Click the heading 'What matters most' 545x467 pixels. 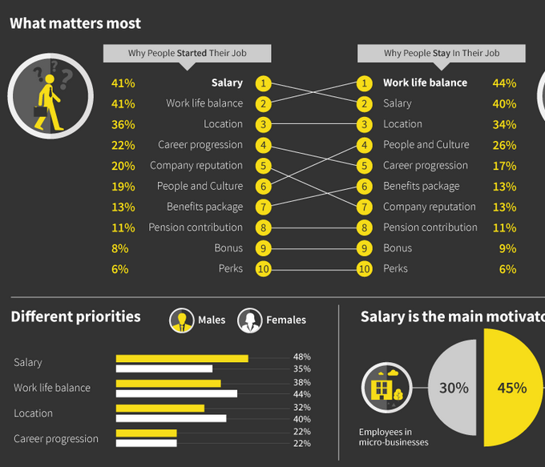click(x=75, y=24)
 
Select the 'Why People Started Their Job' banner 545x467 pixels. click(x=187, y=54)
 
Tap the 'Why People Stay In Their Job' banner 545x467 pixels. click(x=441, y=54)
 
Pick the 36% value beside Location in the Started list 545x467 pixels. click(x=123, y=124)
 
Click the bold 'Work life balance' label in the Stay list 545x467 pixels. click(x=425, y=83)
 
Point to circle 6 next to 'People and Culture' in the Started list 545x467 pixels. click(x=264, y=186)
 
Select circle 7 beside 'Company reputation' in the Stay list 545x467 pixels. click(x=365, y=207)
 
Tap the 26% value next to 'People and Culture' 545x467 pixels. click(x=504, y=145)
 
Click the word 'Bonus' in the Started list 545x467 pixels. click(x=228, y=248)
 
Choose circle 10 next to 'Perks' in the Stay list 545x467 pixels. click(x=365, y=269)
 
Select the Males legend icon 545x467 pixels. click(x=182, y=320)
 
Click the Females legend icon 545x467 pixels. click(x=250, y=320)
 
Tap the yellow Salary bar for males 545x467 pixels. click(x=182, y=358)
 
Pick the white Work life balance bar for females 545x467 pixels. click(x=176, y=393)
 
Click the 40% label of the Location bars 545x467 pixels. click(x=302, y=419)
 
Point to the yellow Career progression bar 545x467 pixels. click(x=146, y=433)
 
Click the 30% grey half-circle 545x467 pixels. click(x=454, y=388)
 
